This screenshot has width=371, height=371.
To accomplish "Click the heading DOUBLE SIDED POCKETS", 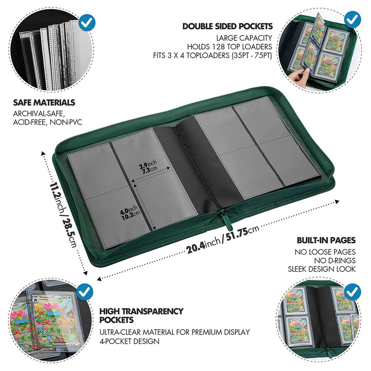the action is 228,26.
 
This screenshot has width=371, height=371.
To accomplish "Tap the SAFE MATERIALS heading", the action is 44,102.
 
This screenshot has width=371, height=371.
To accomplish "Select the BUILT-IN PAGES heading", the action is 326,240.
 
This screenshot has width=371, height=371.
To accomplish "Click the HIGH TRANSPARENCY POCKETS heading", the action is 141,315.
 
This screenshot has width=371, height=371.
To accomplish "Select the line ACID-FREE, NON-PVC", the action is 48,122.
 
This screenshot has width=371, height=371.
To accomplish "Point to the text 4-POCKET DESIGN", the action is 129,341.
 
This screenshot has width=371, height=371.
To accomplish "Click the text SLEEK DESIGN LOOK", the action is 322,269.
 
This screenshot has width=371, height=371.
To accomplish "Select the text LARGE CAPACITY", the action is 244,38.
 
